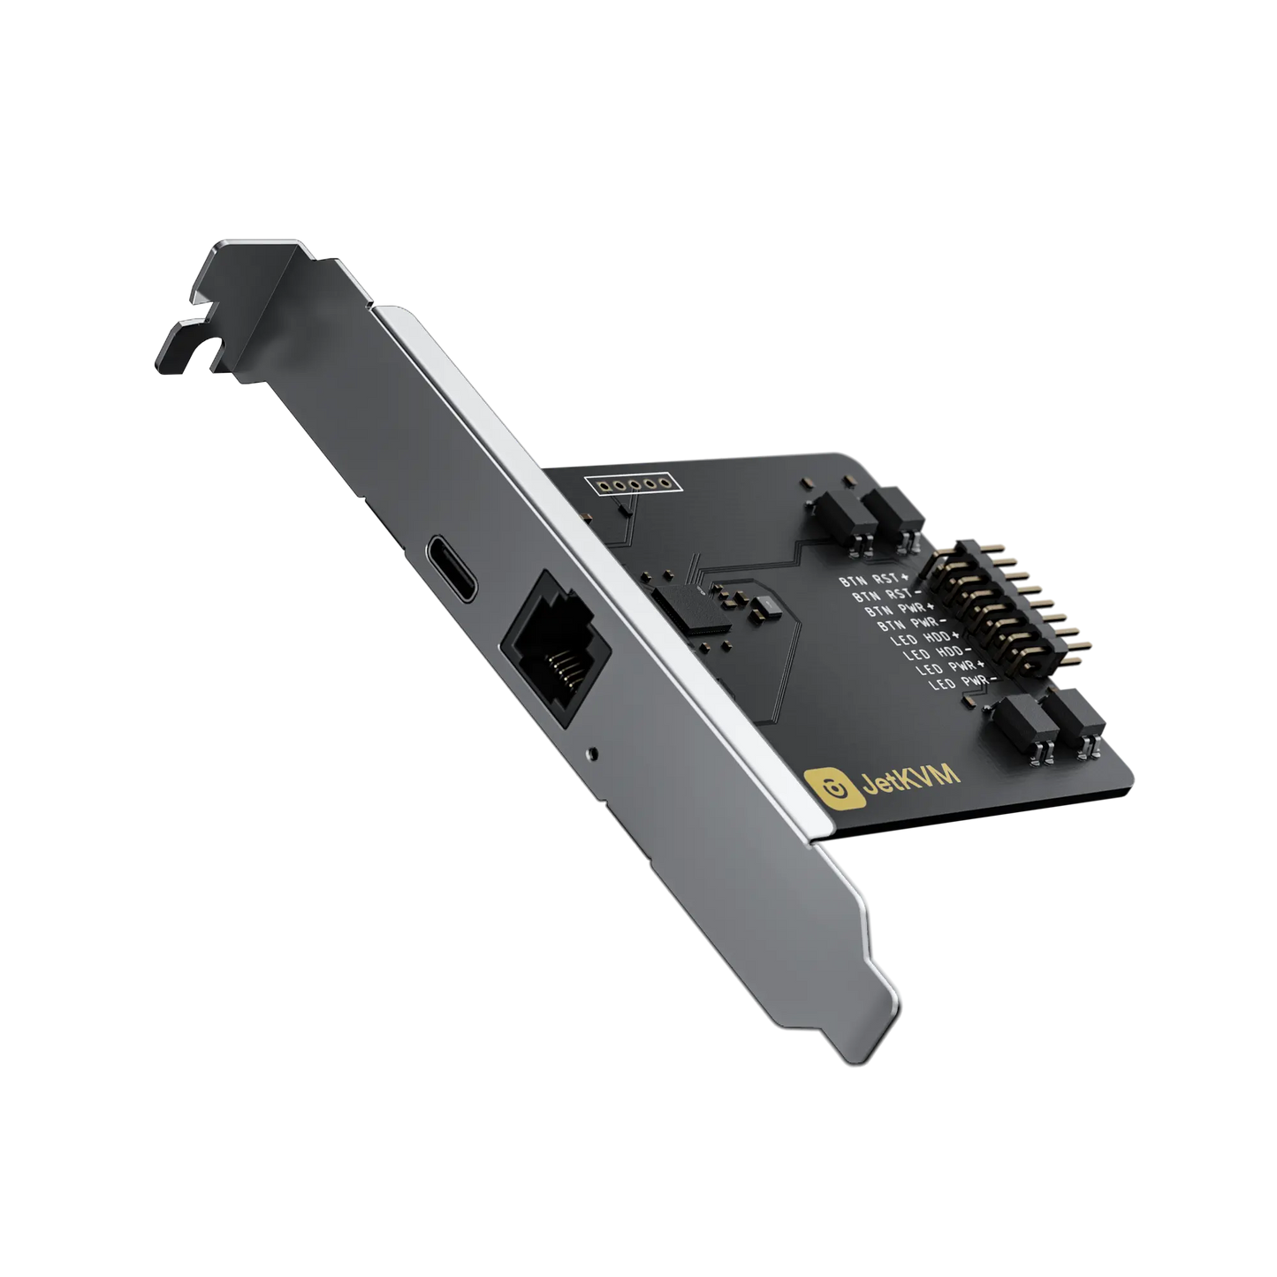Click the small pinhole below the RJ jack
(x=593, y=755)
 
